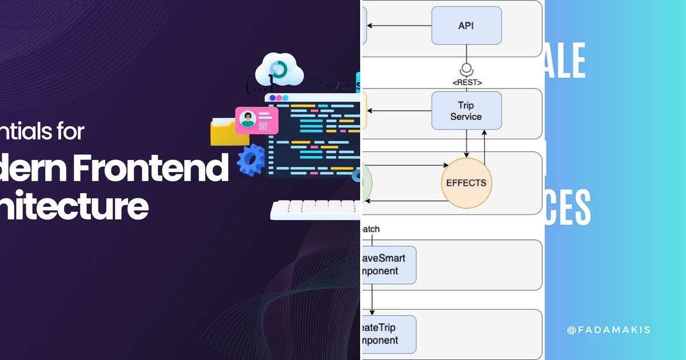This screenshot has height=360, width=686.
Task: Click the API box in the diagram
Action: point(466,25)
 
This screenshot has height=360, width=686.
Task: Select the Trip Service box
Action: point(466,110)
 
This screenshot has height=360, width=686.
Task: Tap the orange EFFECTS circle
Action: point(466,183)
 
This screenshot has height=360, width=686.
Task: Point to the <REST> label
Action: point(466,82)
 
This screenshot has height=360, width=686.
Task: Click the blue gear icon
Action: point(251,159)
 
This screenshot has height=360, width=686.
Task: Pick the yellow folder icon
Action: point(227,133)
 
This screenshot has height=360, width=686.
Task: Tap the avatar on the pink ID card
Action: point(248,119)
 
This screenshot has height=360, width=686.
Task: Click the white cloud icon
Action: point(278,70)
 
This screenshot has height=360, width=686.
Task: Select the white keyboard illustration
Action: point(315,210)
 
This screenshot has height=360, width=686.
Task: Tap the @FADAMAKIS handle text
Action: point(608,330)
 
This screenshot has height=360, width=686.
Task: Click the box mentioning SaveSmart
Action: point(389,265)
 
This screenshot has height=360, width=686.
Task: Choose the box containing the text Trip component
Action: point(389,334)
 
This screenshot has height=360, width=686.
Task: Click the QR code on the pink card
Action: point(263,125)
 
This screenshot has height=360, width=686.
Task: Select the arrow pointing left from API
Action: point(399,25)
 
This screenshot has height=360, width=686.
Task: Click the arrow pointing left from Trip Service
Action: point(399,111)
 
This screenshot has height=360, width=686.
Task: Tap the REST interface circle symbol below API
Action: point(466,67)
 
